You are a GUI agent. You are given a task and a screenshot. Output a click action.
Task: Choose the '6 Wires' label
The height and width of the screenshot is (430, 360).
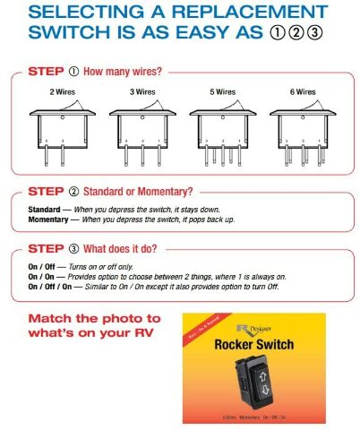(304, 91)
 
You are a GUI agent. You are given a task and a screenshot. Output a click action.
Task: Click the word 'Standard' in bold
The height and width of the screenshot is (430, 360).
(45, 208)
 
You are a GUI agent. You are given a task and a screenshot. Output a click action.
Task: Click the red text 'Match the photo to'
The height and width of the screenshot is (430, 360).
(92, 320)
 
